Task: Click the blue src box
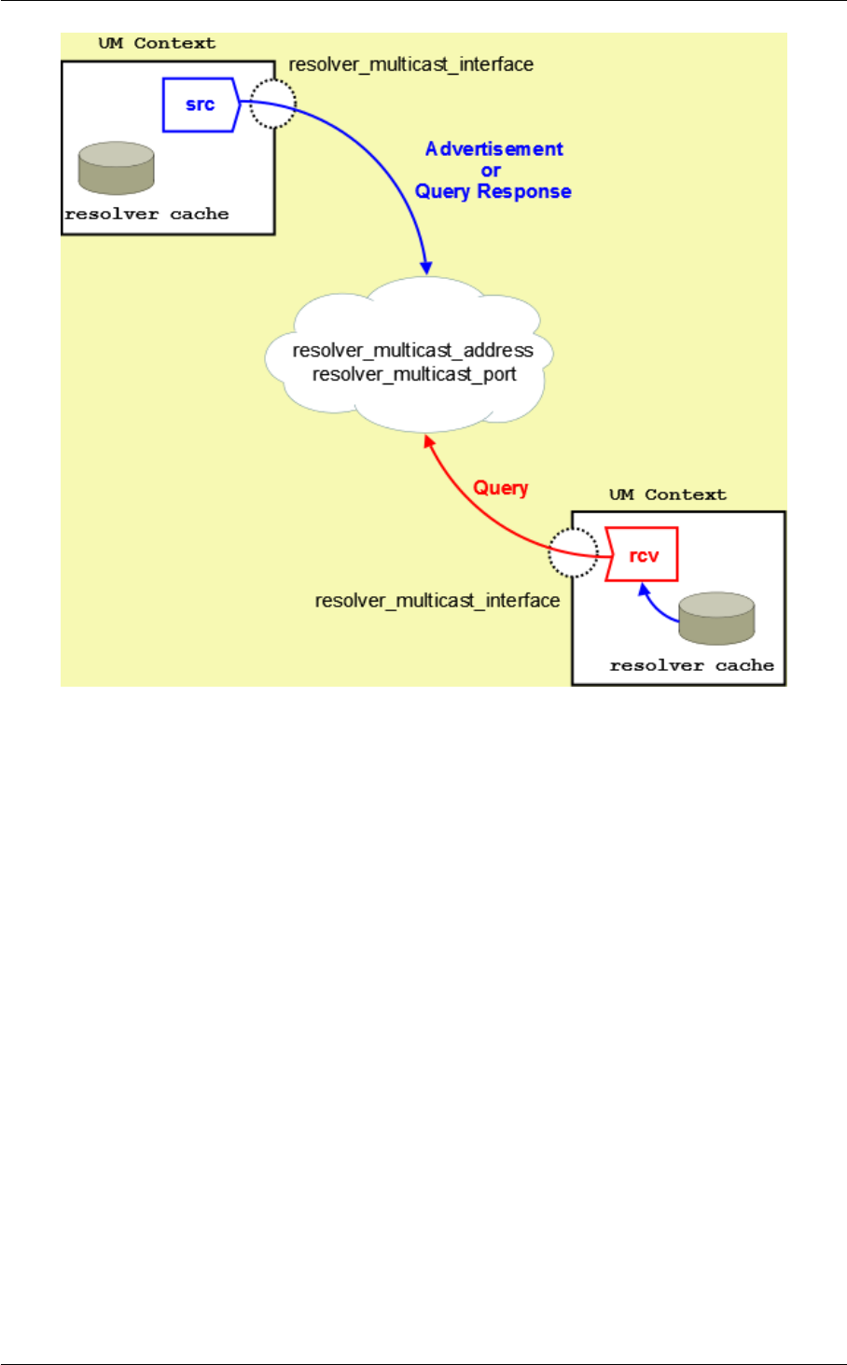point(201,104)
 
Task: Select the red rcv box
point(643,555)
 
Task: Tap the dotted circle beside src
point(273,103)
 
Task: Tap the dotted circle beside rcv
point(572,553)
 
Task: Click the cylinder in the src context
point(117,168)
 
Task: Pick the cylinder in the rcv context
point(716,619)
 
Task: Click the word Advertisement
point(494,149)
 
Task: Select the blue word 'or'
point(491,171)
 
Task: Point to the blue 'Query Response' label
point(493,191)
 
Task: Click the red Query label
point(501,488)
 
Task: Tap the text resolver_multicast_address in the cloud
point(413,351)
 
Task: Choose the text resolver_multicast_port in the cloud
point(414,374)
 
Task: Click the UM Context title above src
point(157,44)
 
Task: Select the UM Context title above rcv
point(668,494)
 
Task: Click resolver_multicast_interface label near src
point(411,64)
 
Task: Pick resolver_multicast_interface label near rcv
point(437,601)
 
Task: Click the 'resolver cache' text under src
point(146,214)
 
